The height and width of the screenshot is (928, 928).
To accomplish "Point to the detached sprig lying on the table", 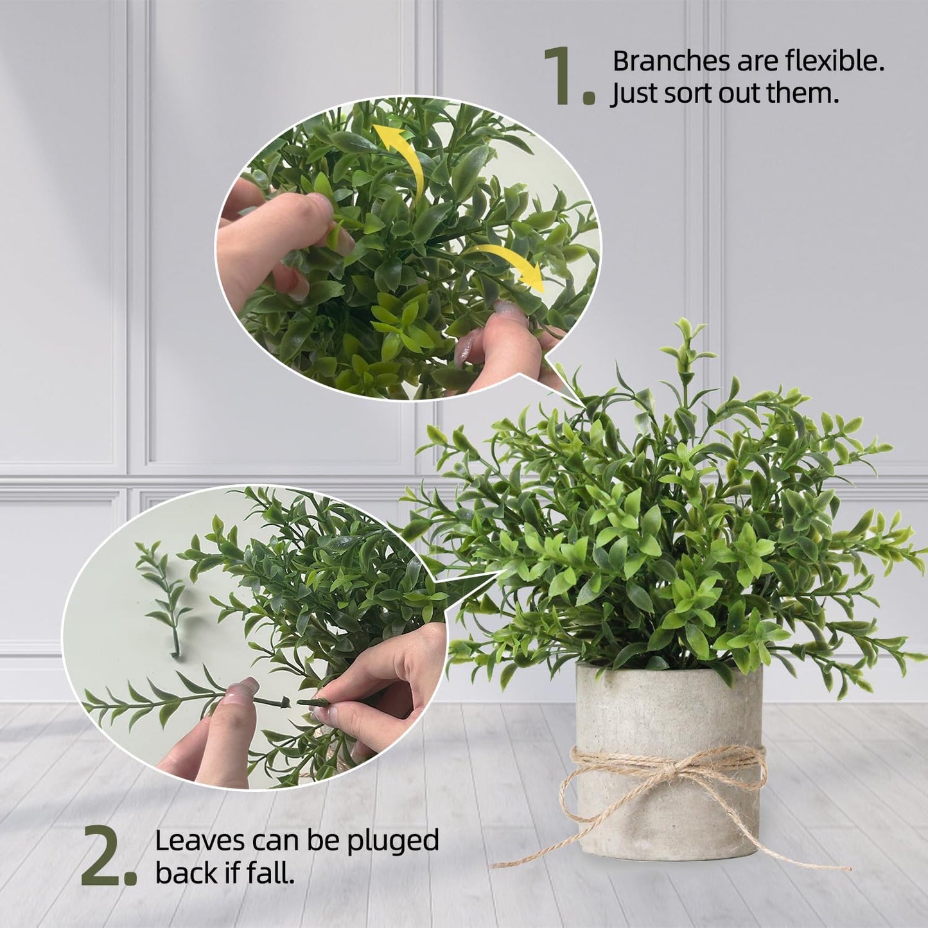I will (164, 597).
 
